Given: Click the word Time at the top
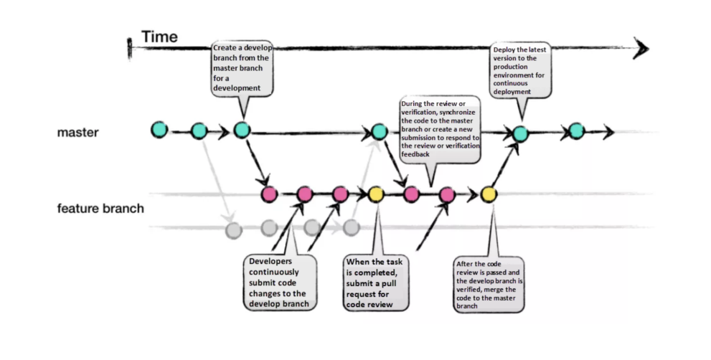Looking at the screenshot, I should point(159,37).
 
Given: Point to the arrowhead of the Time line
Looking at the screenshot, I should point(641,48).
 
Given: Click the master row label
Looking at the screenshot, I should point(78,133).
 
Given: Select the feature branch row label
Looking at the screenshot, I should point(100,209).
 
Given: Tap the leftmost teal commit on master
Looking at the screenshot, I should point(159,130).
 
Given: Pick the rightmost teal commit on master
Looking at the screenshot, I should point(575,131).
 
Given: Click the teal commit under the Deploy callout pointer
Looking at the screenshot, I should point(520,133).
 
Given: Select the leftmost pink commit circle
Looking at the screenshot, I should point(269,194).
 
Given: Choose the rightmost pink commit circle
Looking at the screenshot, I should point(447,194).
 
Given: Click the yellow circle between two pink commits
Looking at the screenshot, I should point(375,194).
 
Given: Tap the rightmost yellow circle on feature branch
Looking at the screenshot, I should point(489,194).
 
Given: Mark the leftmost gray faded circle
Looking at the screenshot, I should point(232,230).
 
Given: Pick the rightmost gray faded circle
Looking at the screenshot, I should point(350,227).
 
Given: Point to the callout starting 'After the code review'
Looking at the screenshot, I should point(489,285).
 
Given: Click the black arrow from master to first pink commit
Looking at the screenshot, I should point(256,162).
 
